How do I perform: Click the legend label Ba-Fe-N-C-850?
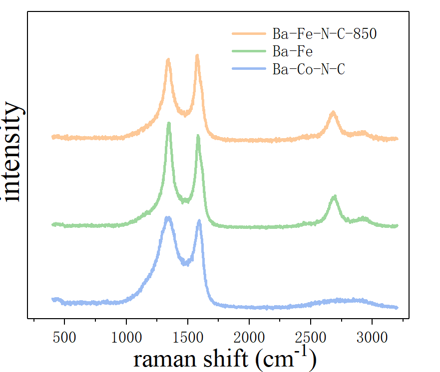click(x=324, y=34)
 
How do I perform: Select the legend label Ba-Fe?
click(x=292, y=51)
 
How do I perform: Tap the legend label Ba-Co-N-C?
click(x=309, y=69)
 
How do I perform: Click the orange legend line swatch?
click(x=249, y=34)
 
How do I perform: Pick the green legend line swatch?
click(x=249, y=51)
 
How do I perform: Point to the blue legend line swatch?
click(x=249, y=69)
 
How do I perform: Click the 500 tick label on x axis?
click(x=65, y=337)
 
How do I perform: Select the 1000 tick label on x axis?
click(x=126, y=337)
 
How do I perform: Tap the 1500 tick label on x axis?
click(x=188, y=337)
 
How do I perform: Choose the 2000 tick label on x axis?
click(x=249, y=337)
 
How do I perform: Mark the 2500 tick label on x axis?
click(x=311, y=337)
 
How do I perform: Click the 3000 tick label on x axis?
click(x=372, y=337)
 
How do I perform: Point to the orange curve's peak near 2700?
click(x=334, y=113)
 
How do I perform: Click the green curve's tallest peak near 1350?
click(x=169, y=124)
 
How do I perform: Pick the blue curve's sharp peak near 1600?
click(x=199, y=221)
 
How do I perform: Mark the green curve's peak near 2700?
click(x=334, y=197)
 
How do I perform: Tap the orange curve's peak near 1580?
click(x=197, y=56)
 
